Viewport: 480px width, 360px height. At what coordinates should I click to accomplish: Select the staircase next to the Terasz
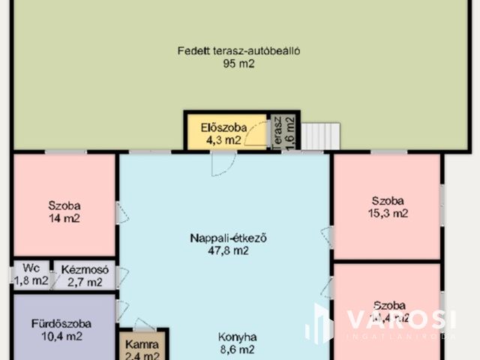pyautogui.click(x=321, y=136)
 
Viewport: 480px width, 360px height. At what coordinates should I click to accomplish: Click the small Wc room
pyautogui.click(x=30, y=275)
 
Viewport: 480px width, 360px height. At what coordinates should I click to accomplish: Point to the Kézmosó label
pyautogui.click(x=85, y=269)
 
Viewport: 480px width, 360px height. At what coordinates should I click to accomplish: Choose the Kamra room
pyautogui.click(x=142, y=345)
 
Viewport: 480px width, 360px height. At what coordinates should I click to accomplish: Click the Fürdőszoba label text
pyautogui.click(x=61, y=324)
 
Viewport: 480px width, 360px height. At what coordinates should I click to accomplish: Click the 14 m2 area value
pyautogui.click(x=64, y=218)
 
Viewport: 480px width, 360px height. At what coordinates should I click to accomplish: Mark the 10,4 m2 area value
pyautogui.click(x=61, y=337)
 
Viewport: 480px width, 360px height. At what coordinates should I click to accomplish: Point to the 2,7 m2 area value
pyautogui.click(x=85, y=282)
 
